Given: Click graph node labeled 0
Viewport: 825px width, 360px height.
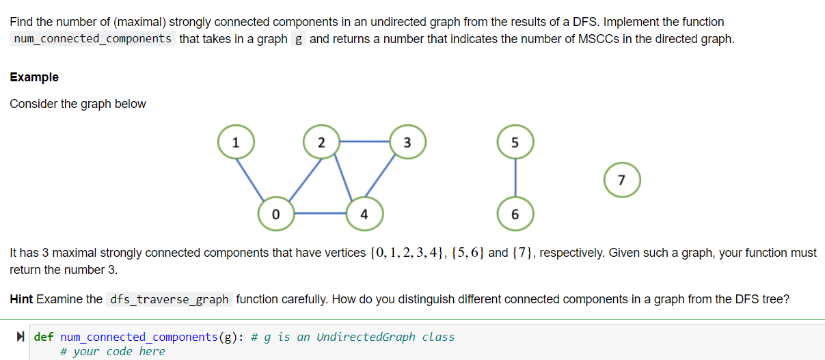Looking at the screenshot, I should click(275, 214).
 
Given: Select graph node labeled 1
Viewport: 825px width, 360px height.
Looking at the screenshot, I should click(235, 143).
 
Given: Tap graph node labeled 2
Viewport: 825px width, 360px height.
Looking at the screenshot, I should click(322, 143).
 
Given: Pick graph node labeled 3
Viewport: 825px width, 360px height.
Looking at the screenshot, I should click(407, 143).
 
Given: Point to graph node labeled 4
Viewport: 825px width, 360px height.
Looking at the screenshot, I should click(364, 214).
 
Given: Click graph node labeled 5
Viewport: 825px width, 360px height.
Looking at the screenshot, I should click(515, 143).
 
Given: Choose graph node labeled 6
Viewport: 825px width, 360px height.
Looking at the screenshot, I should click(515, 214).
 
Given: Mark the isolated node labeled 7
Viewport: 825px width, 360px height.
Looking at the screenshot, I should click(621, 180).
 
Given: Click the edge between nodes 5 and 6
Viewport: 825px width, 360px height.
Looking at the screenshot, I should click(515, 178).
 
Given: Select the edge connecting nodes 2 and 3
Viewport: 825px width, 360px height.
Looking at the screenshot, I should click(364, 142).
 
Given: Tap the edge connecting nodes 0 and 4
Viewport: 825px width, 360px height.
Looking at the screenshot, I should click(320, 214).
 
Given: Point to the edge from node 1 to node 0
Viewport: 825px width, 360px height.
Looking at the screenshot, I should click(255, 178).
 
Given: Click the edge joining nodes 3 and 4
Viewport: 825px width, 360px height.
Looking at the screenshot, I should click(386, 178).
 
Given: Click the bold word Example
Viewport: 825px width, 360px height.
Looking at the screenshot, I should click(34, 77).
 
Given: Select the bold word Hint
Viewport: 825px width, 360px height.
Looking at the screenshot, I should click(22, 299).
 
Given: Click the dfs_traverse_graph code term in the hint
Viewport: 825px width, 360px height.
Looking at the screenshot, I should click(170, 300).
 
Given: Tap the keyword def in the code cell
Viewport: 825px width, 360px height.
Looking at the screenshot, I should click(44, 337).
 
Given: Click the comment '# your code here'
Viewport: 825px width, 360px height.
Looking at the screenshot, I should click(112, 351).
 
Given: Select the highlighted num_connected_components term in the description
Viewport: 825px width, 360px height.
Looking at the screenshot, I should click(93, 38).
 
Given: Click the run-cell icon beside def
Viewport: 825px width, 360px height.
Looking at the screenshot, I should click(21, 337).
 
